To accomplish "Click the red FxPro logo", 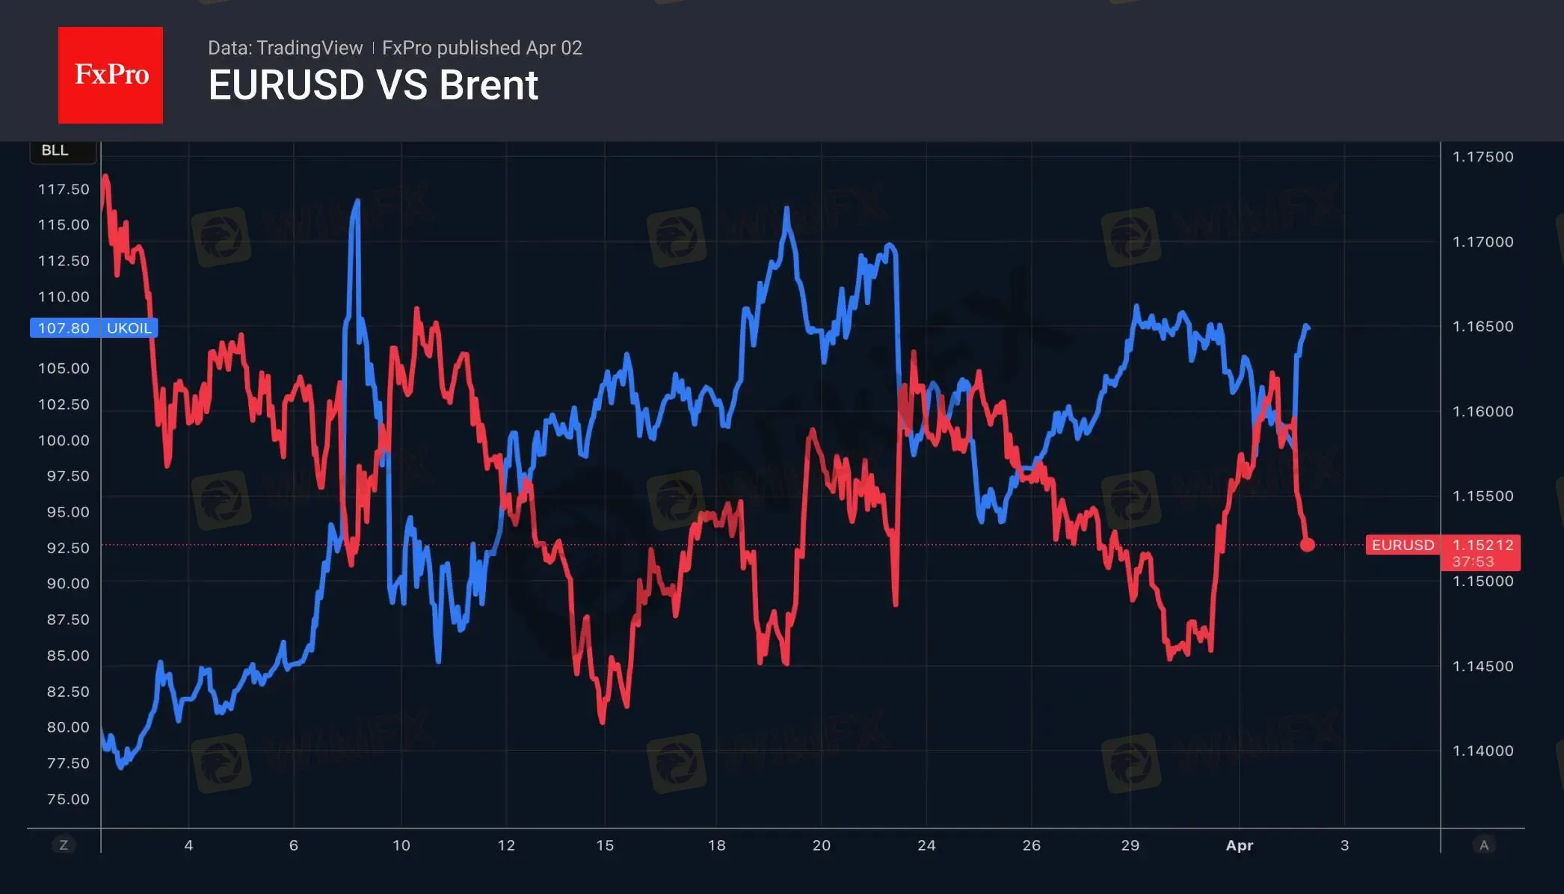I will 111,75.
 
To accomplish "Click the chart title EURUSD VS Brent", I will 373,85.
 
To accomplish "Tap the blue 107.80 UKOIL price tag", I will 93,328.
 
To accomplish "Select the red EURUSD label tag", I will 1403,545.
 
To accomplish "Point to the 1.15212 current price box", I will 1483,545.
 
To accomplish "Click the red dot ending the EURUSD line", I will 1307,545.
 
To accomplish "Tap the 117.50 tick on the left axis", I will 64,189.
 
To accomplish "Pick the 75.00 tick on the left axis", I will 68,799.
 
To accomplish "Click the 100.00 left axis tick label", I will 64,440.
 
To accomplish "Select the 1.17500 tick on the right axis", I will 1483,157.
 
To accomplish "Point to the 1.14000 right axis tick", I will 1483,750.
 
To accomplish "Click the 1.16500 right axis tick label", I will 1483,327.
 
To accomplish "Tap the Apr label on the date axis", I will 1239,845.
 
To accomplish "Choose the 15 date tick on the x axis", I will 605,845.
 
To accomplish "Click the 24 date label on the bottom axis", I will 926,845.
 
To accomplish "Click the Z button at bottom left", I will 64,845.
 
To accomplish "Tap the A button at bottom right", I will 1484,845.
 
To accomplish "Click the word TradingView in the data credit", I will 309,48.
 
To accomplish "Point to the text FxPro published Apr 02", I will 482,48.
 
